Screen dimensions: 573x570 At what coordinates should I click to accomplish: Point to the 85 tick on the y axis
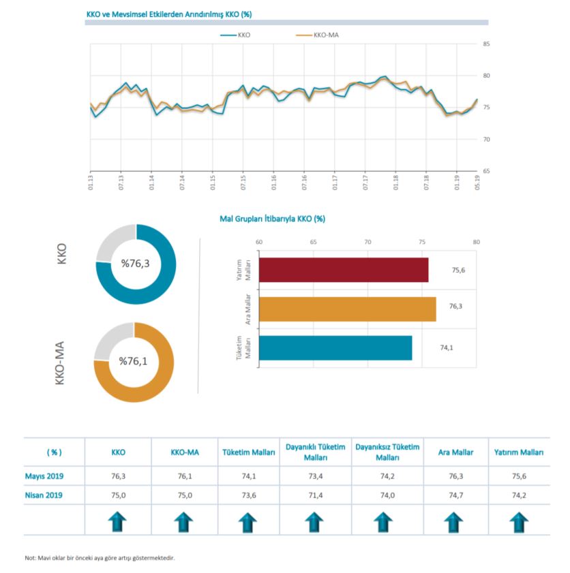[486, 45]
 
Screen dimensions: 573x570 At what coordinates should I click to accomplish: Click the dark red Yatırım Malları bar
[344, 270]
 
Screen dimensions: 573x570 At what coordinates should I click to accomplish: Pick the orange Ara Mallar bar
[347, 309]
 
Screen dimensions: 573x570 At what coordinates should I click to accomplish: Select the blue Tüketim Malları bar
[335, 347]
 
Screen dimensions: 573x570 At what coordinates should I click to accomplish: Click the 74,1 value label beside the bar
[447, 347]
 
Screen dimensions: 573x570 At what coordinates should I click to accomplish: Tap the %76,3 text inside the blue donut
[136, 262]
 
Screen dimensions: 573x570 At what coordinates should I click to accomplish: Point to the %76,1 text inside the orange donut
[134, 361]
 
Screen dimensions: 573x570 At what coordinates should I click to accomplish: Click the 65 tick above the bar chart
[313, 242]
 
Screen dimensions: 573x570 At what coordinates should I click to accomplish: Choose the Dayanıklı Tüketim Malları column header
[314, 452]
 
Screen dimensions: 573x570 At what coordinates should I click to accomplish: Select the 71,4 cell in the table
[314, 495]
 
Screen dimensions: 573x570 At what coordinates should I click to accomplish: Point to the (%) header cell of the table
[54, 452]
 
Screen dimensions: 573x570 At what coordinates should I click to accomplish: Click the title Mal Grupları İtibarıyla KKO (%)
[271, 219]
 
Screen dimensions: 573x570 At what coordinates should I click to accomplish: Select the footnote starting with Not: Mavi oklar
[100, 558]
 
